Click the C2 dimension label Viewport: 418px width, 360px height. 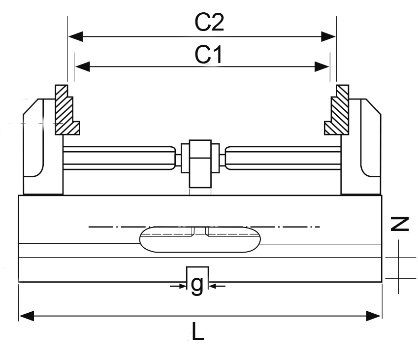click(209, 22)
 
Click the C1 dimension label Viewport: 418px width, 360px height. click(208, 55)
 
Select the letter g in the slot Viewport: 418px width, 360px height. click(197, 285)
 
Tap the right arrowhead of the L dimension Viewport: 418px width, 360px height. click(374, 316)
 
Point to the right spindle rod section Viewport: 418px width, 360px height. click(283, 157)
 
